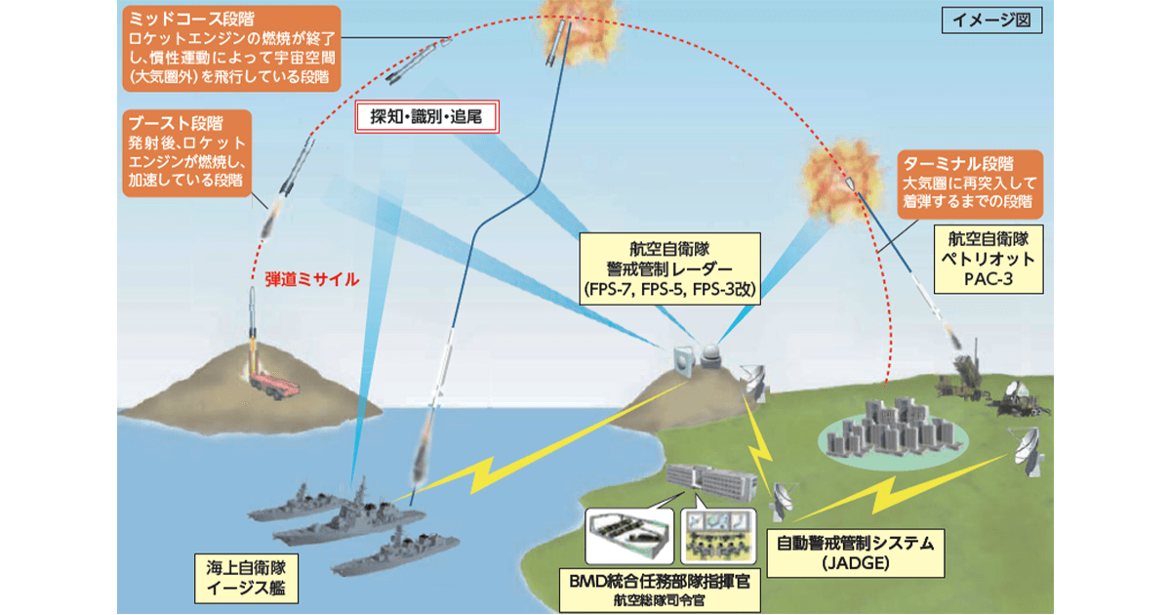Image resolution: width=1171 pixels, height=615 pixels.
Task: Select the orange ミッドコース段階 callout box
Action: click(233, 49)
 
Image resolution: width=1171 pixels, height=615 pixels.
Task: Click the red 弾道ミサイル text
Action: click(312, 278)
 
